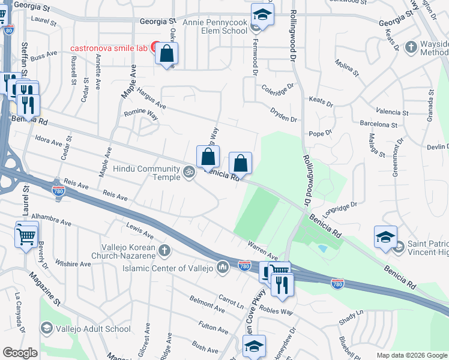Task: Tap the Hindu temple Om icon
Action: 189,172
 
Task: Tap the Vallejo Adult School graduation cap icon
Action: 46,328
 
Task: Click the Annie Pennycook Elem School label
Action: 209,26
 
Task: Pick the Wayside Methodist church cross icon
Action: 411,47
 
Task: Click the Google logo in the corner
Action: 20,353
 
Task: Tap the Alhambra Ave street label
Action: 51,218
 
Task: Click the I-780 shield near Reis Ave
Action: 58,191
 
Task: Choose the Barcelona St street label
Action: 378,125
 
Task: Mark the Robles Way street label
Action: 276,312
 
